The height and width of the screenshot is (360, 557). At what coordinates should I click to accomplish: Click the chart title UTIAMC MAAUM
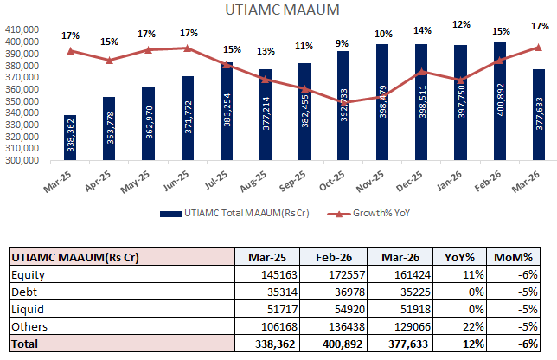(x=282, y=10)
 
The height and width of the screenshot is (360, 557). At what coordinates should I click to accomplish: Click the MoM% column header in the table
(x=518, y=257)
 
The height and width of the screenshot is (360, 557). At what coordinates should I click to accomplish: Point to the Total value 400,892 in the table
(x=334, y=343)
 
